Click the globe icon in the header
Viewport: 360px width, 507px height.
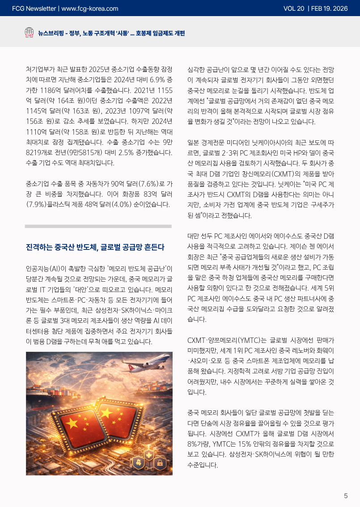[29, 33]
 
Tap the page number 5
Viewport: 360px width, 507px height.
[346, 495]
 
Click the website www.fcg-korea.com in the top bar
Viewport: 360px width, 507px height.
[89, 8]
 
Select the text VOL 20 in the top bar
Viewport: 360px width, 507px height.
[294, 8]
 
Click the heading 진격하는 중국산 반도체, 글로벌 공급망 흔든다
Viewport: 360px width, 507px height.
[95, 247]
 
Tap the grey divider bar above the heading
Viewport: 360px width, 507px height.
[98, 226]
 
